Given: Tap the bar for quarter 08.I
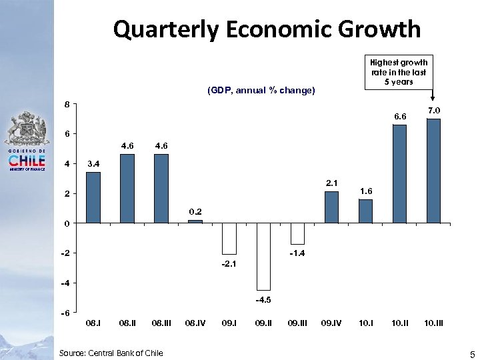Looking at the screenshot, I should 93,197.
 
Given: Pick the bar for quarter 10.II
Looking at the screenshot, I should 399,173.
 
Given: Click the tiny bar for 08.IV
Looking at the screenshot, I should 195,221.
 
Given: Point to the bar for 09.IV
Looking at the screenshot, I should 331,207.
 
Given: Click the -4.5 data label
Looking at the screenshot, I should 263,300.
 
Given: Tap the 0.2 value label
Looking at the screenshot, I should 195,211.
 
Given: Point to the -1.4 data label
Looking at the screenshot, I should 297,254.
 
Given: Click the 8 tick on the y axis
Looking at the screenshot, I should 66,104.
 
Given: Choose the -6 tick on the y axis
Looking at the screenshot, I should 65,313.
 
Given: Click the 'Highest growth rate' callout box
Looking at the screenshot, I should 398,72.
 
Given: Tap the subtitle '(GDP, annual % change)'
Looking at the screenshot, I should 261,90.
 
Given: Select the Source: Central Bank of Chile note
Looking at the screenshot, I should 110,352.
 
